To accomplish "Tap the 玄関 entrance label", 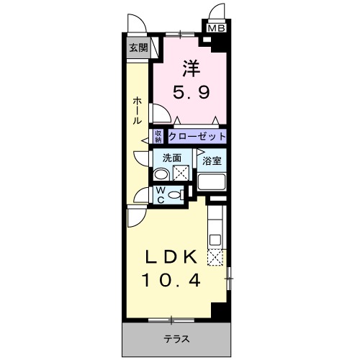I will pos(138,48).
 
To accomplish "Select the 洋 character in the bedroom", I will pos(190,70).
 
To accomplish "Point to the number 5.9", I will pos(190,92).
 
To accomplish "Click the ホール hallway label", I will pos(136,112).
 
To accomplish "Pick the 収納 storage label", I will pos(159,135).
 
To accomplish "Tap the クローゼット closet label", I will pos(198,135).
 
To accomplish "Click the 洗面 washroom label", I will pos(171,158).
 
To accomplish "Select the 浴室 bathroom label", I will pos(211,161).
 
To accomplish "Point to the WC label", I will pos(161,194).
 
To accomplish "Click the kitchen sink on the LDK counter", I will pos(215,237).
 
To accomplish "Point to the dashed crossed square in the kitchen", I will pos(215,257).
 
